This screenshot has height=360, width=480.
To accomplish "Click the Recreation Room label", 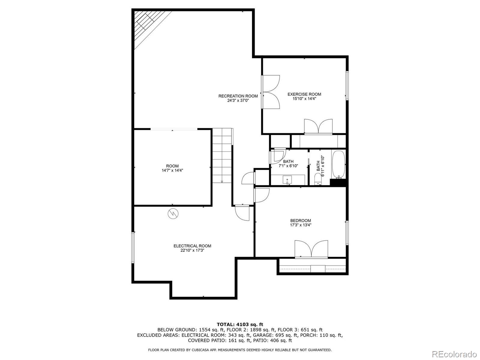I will pos(238,96).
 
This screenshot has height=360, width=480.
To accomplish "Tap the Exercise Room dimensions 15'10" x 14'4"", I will pos(304,98).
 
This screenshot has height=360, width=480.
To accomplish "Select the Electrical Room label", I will pos(192,246).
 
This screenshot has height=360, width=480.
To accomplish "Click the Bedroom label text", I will pos(300,220).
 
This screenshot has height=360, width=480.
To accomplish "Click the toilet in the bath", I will pos(317,179).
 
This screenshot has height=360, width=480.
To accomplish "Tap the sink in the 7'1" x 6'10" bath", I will pos(287,180).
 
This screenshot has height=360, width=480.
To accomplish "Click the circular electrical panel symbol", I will pos(173,213).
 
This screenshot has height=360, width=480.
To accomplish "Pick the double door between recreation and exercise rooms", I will pos(271,91).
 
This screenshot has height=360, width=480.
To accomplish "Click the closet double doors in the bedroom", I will pos(311,249).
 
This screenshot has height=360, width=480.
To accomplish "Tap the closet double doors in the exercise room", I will pos(318,126).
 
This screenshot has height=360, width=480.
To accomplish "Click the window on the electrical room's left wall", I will pos(133,247).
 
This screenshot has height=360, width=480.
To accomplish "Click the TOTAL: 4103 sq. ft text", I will pos(240,324).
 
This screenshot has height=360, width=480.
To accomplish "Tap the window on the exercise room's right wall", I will pos(347,85).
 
